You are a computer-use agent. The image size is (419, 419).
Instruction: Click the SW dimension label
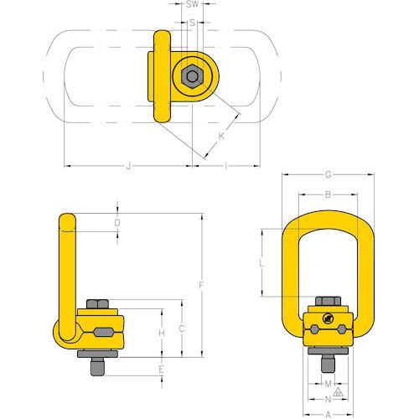(193, 5)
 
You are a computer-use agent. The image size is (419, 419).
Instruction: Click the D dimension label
(118, 223)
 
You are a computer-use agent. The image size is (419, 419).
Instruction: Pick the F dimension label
(201, 286)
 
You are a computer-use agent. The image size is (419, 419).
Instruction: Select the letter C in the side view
(182, 328)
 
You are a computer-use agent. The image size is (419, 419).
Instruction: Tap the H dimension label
(162, 334)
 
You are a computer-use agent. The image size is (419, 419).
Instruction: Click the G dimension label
(327, 175)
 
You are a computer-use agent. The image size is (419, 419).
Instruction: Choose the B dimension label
(327, 195)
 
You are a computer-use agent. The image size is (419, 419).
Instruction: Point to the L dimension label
(262, 262)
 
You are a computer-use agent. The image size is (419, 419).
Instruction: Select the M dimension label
(327, 385)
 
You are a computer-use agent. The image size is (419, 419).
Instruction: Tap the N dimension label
(327, 400)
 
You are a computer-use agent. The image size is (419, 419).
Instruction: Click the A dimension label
(327, 414)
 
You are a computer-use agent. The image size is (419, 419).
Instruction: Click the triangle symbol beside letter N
(338, 392)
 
